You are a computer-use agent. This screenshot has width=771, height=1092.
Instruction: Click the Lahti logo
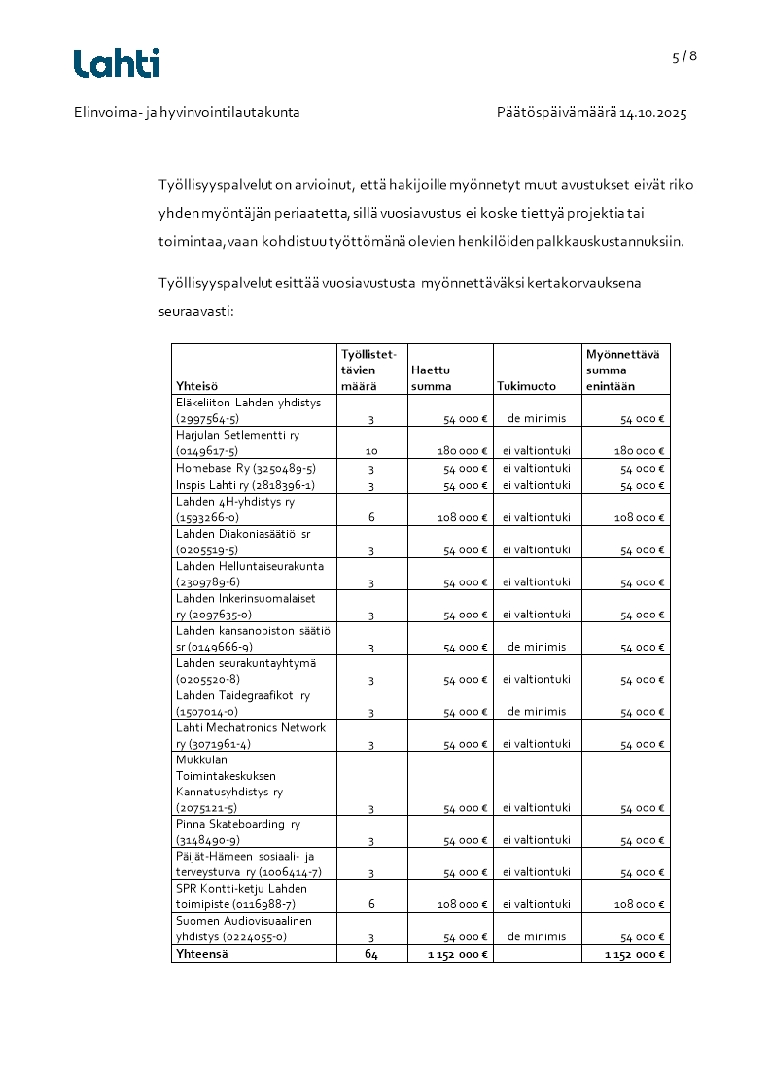117,63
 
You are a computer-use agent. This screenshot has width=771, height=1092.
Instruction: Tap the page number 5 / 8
684,56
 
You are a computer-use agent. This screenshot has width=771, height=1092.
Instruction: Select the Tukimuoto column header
526,386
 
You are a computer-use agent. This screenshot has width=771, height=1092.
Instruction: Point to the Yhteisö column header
197,386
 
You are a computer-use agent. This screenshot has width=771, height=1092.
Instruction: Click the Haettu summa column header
432,378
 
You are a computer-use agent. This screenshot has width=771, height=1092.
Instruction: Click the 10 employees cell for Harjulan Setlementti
371,452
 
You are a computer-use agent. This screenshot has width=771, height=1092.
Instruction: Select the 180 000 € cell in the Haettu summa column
462,452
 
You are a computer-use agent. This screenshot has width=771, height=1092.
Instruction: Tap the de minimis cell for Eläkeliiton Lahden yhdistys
537,419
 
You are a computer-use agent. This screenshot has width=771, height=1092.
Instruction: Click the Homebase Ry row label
245,469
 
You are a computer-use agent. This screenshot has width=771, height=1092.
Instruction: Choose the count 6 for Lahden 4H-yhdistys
371,517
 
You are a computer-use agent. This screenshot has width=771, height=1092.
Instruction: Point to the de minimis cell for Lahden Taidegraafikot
537,711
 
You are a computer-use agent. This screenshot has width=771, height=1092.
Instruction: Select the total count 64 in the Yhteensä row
371,954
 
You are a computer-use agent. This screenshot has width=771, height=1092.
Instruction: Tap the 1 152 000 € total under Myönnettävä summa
635,955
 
